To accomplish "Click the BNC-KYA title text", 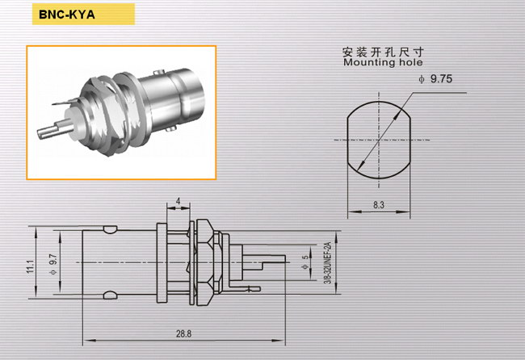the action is (x=67, y=15).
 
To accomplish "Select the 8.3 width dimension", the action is (x=379, y=205).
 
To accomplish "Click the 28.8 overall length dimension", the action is (x=184, y=333).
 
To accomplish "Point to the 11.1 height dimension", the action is (x=31, y=266).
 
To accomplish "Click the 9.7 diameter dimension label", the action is (x=53, y=264).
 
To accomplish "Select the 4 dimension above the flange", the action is (x=178, y=201).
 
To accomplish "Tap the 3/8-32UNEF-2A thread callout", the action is (x=328, y=263).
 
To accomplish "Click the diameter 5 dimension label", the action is (x=305, y=262).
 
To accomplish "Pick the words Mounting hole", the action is (x=383, y=62).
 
